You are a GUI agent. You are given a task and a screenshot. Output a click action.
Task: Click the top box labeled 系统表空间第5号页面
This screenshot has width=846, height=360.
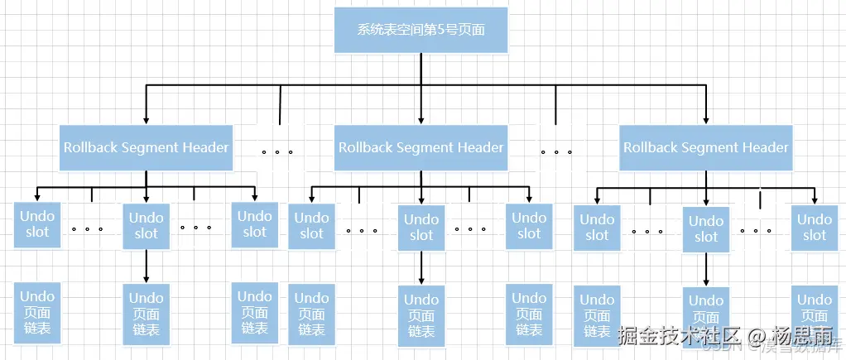tap(421, 31)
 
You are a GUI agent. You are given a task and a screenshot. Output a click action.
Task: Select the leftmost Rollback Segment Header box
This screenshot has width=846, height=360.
tap(147, 147)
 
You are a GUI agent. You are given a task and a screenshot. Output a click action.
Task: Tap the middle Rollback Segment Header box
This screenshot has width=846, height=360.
tap(421, 147)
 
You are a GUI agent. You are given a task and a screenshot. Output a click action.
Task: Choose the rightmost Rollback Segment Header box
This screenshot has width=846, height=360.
tap(706, 147)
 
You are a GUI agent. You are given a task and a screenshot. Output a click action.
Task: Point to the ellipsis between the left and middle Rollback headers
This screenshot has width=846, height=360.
tap(276, 152)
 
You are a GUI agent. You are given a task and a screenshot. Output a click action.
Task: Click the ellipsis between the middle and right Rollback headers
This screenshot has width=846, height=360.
tap(556, 152)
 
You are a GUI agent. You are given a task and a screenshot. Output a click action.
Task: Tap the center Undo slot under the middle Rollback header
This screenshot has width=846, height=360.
tap(421, 227)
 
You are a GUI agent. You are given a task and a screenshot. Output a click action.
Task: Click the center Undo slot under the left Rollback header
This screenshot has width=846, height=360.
tap(147, 226)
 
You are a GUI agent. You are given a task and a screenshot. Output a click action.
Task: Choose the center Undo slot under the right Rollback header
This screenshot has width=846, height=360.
tap(706, 229)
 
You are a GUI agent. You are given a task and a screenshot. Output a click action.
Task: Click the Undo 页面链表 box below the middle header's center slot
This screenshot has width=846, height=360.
tap(421, 315)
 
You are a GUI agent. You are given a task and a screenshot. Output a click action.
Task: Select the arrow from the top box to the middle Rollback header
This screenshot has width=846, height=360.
tap(421, 91)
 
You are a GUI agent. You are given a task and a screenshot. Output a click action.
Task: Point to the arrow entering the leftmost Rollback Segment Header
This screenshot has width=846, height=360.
tap(147, 106)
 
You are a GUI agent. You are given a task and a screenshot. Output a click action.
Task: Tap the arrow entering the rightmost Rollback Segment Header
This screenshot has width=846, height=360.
tap(706, 106)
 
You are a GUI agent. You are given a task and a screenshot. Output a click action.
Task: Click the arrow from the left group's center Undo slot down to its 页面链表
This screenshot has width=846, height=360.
tap(147, 266)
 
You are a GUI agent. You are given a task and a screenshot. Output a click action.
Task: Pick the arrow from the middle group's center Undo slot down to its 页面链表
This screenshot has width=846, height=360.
tap(421, 268)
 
